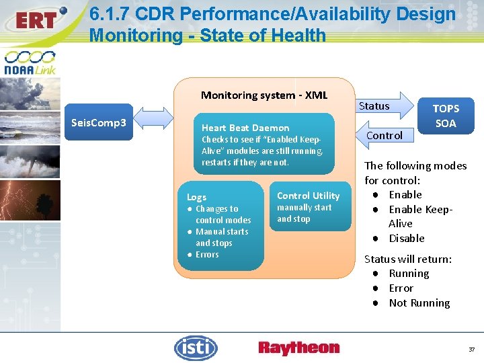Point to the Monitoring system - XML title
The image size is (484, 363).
pos(264,95)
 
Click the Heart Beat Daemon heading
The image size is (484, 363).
pos(245,128)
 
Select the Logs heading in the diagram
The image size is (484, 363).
pos(196,197)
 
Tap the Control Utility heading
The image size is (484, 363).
pos(309,196)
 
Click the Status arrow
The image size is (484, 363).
pos(377,106)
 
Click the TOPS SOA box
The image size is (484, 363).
pos(445,116)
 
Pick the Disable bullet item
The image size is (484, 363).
pos(406,238)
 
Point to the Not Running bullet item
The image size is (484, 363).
pos(419,302)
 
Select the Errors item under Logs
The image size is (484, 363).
pos(207,254)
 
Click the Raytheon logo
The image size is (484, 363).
pos(298,348)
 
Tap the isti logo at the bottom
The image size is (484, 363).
pos(196,348)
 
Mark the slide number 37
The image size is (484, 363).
pos(471,350)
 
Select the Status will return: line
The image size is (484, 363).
pos(407,259)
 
